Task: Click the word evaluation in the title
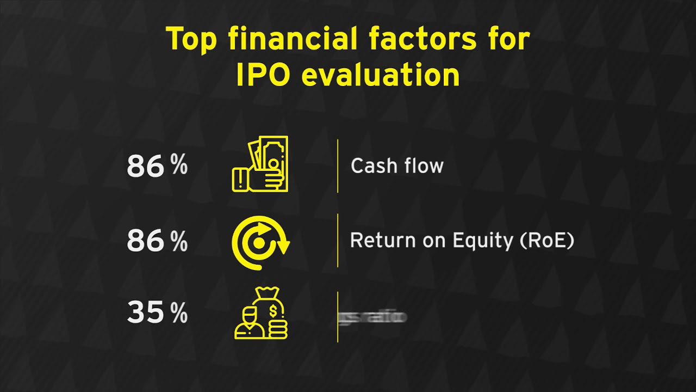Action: click(381, 76)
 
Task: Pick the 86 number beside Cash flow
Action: click(145, 167)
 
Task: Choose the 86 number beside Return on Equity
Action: click(145, 241)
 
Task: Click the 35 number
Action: click(145, 313)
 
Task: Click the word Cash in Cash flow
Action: click(371, 166)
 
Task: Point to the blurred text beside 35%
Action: click(373, 316)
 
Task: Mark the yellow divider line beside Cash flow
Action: click(338, 166)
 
